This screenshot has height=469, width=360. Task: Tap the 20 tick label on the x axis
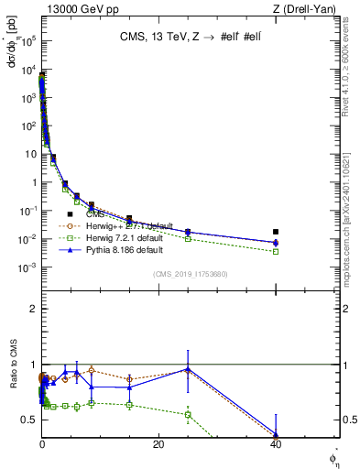pyautogui.click(x=158, y=445)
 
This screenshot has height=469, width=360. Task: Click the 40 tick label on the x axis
pyautogui.click(x=276, y=445)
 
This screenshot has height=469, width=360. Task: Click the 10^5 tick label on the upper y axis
pyautogui.click(x=27, y=41)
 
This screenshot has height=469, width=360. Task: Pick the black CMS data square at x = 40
pyautogui.click(x=276, y=232)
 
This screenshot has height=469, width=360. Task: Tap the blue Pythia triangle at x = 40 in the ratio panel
pyautogui.click(x=276, y=434)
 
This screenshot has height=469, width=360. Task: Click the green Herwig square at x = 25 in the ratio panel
pyautogui.click(x=188, y=414)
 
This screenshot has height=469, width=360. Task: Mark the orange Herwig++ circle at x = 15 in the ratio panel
pyautogui.click(x=130, y=378)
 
